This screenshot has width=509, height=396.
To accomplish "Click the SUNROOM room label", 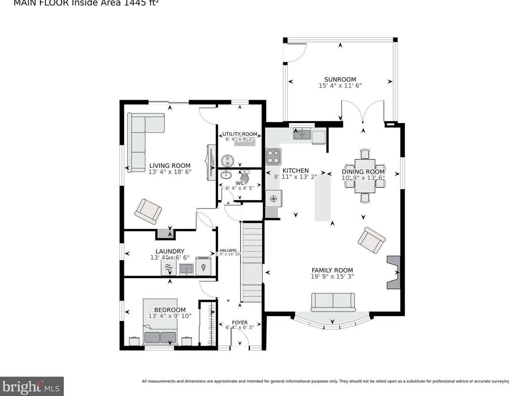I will (x=340, y=79).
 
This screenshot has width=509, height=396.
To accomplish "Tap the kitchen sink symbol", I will (x=302, y=134).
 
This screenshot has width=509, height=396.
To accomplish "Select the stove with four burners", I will (x=273, y=156).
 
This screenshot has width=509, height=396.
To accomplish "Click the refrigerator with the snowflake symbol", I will (x=274, y=199).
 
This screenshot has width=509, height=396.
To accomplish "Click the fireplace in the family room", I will (x=393, y=272).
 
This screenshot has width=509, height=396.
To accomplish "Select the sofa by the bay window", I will (x=333, y=301).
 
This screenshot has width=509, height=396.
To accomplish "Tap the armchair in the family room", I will (x=371, y=240).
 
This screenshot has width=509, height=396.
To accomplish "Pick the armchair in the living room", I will (x=148, y=211).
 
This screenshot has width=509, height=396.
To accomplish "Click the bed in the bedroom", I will (x=160, y=322).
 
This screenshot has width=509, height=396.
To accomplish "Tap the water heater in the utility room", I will (x=228, y=161).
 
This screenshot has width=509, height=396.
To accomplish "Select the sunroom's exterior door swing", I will (x=296, y=53).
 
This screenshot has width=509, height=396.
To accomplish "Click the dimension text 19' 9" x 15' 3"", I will (x=332, y=276).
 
